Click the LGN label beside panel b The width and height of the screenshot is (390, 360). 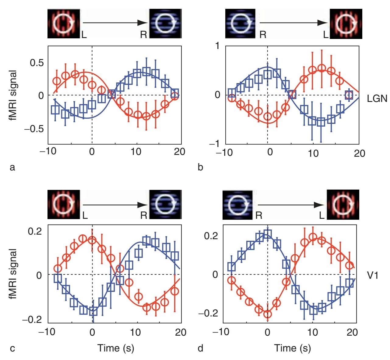tap(377, 99)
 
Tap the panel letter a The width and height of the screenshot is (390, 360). tap(12, 167)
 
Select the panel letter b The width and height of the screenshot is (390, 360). tap(200, 167)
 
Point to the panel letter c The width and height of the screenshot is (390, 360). tap(12, 348)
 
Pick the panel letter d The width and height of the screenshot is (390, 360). tap(200, 348)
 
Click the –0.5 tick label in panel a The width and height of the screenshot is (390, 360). tap(34, 129)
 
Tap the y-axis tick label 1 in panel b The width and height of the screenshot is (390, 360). tap(217, 46)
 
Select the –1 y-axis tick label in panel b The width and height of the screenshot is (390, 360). tap(214, 144)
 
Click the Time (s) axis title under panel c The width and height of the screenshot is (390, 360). tap(116, 348)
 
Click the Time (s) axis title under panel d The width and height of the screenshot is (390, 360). tap(293, 348)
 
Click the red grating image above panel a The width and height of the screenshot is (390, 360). tap(64, 23)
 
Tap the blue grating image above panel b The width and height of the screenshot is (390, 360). tap(240, 23)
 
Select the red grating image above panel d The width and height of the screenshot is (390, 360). tap(343, 204)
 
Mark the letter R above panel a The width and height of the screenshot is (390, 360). tap(144, 35)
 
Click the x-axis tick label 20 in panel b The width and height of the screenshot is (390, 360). tap(359, 153)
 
